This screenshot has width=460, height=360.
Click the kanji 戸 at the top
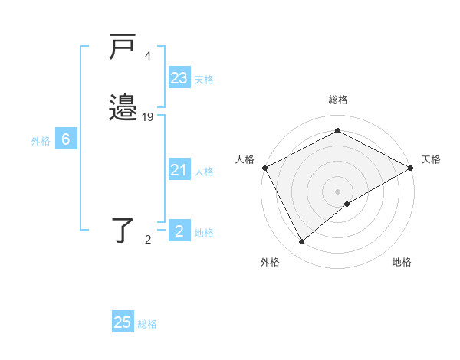click(x=122, y=47)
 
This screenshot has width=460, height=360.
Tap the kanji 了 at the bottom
click(x=123, y=229)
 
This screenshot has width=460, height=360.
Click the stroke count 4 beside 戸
click(x=147, y=56)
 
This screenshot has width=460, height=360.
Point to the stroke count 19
click(x=148, y=117)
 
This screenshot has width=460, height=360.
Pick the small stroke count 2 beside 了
click(x=148, y=240)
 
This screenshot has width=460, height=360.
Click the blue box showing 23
click(x=179, y=77)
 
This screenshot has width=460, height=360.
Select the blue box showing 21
click(x=179, y=170)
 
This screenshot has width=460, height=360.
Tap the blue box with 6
click(x=66, y=139)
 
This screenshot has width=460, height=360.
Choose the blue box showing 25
click(x=123, y=322)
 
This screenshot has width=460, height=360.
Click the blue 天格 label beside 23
click(x=204, y=80)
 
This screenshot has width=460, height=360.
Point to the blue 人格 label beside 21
click(x=204, y=172)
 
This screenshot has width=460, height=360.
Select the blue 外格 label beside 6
click(x=41, y=141)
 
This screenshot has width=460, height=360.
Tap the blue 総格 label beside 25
click(x=147, y=324)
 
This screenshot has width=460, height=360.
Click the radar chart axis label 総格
click(x=337, y=100)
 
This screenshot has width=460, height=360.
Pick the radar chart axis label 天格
click(x=431, y=159)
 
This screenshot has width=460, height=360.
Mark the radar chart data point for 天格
click(x=412, y=168)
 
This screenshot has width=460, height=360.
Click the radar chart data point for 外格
click(x=302, y=242)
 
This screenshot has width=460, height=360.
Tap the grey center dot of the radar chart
click(x=338, y=191)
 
